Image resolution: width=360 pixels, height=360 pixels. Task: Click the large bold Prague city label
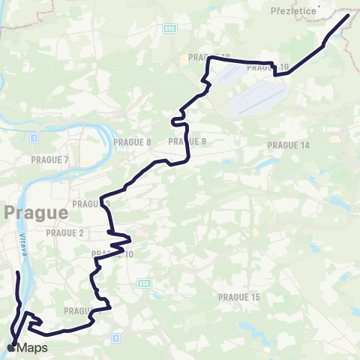pos(36,212)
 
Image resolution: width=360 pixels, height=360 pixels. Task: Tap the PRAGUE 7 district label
pos(50,160)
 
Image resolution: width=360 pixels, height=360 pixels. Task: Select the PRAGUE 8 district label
pos(132,142)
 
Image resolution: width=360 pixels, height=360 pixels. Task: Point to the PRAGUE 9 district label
pos(187,141)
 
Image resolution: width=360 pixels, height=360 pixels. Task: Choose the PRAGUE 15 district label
pos(238,297)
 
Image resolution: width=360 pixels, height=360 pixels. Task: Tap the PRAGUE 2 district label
pos(65,233)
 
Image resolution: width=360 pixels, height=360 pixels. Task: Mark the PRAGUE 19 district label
pos(267,67)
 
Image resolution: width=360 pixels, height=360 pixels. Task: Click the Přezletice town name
pos(292,11)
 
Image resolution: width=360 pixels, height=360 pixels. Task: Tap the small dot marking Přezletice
pos(319,7)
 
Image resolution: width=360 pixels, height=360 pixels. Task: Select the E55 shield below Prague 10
pos(144,283)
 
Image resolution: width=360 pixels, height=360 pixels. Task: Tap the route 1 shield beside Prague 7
pos(34,139)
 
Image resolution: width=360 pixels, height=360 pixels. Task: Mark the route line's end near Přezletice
pos(347,16)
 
